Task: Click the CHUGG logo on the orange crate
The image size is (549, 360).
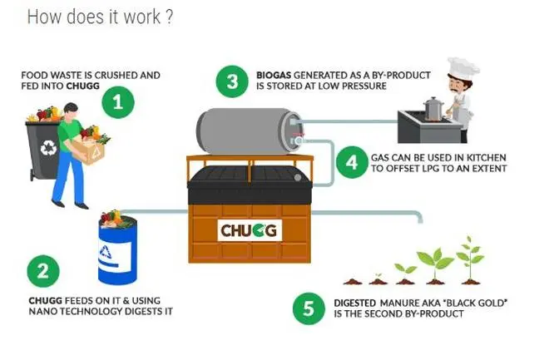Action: tap(249, 229)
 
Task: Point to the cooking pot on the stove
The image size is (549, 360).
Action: tap(432, 108)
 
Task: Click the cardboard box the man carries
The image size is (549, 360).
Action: tap(91, 149)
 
